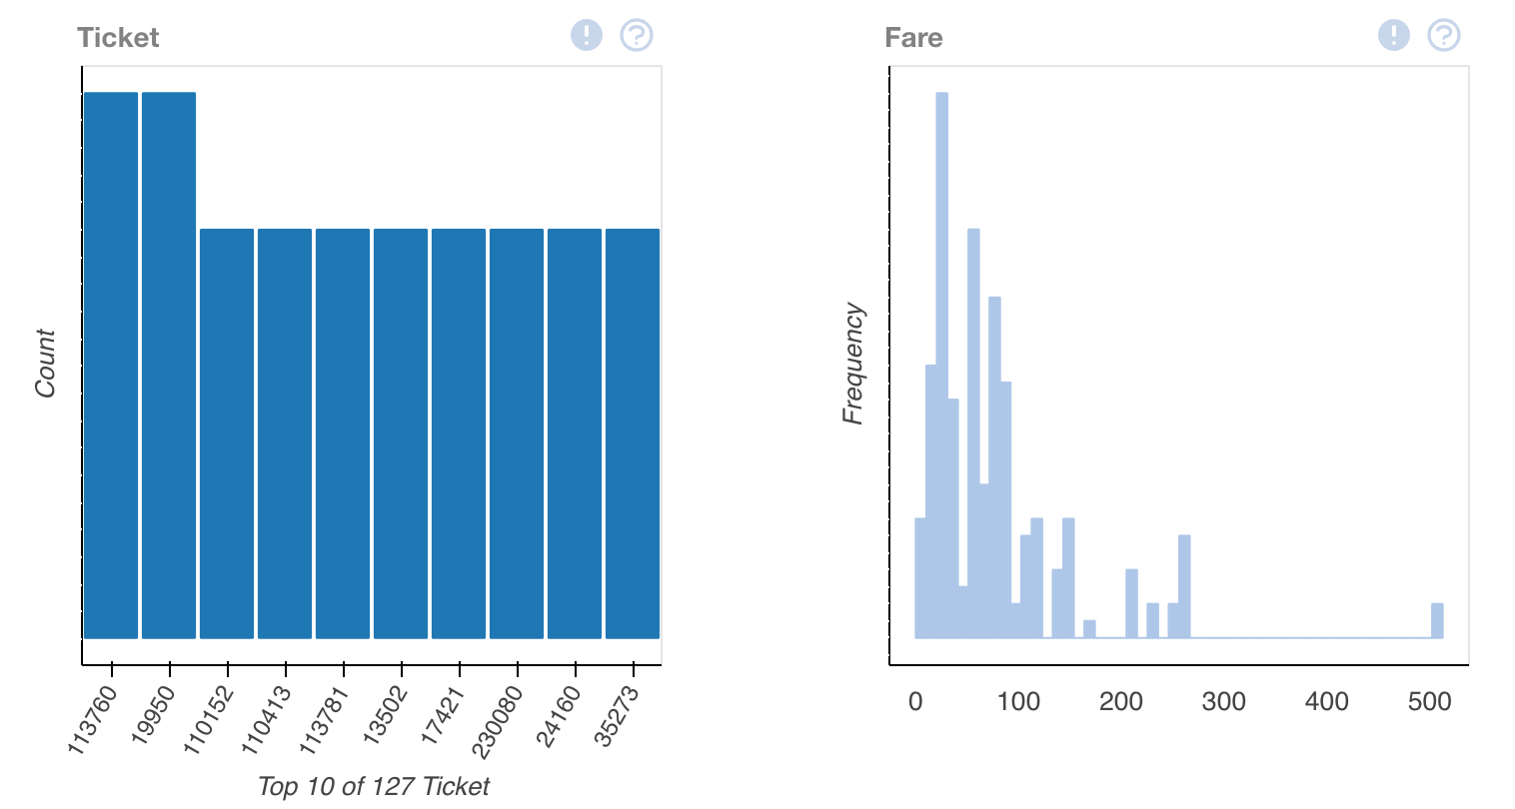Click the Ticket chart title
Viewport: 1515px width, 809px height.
(x=118, y=37)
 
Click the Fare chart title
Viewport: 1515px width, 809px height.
(x=913, y=37)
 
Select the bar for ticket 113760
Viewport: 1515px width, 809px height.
(x=111, y=365)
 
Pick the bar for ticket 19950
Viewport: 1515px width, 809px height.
(x=169, y=365)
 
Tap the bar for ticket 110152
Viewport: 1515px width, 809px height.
(x=227, y=433)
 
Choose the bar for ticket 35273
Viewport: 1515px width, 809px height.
(x=633, y=433)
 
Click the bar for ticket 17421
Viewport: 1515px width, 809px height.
(x=459, y=433)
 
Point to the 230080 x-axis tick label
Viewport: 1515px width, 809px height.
(x=497, y=722)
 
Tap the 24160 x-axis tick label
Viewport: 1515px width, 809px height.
(x=558, y=716)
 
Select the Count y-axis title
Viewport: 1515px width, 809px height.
(x=45, y=364)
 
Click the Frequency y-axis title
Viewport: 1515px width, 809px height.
(x=852, y=364)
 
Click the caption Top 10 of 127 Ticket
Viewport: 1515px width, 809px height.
(x=374, y=786)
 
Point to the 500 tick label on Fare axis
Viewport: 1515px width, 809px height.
(x=1429, y=701)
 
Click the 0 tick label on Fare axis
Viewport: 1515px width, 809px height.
(x=915, y=701)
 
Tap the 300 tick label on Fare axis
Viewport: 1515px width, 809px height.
(x=1223, y=701)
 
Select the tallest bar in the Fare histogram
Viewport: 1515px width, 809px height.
(x=942, y=365)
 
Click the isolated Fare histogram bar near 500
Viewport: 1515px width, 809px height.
(x=1437, y=620)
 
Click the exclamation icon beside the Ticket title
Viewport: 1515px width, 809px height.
(x=587, y=35)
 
